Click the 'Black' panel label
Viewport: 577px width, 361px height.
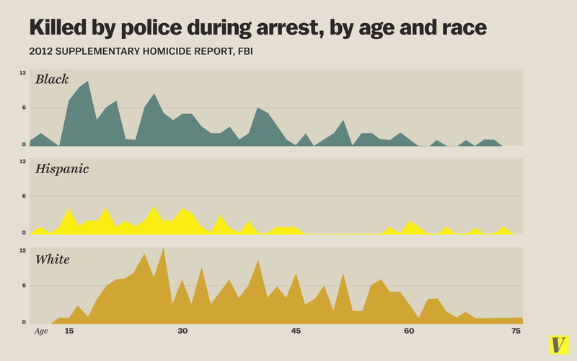tap(52, 79)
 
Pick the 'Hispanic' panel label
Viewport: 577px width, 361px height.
tap(62, 168)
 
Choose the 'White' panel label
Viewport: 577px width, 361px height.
tap(53, 258)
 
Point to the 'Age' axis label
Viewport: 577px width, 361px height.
tap(42, 331)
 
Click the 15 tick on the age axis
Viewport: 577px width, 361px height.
tap(69, 331)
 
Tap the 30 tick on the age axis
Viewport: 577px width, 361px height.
tap(182, 331)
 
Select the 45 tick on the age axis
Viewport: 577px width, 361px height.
tap(296, 331)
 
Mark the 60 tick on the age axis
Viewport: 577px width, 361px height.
tap(409, 331)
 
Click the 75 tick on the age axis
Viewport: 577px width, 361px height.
tap(516, 331)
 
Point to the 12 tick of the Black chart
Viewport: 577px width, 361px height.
tap(23, 73)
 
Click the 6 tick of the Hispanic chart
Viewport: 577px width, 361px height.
tap(24, 196)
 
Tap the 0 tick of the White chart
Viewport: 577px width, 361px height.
tap(24, 322)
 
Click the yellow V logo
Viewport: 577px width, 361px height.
tap(558, 344)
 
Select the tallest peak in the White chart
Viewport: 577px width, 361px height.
tap(164, 248)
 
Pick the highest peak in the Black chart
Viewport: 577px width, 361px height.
tap(87, 82)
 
